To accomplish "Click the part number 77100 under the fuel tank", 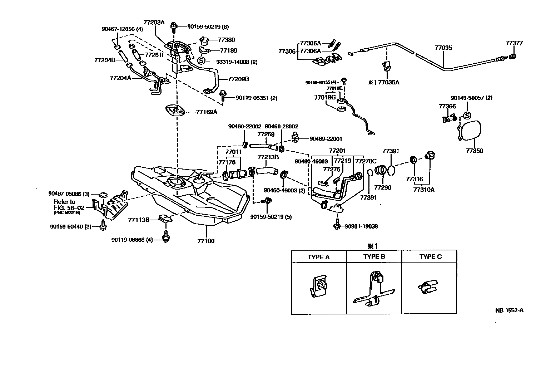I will pyautogui.click(x=205, y=241).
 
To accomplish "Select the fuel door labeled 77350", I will pyautogui.click(x=471, y=132).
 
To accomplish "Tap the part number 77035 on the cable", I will pyautogui.click(x=443, y=48).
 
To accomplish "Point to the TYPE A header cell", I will pyautogui.click(x=319, y=257).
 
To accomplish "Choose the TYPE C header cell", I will pyautogui.click(x=430, y=257).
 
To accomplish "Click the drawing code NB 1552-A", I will pyautogui.click(x=509, y=310).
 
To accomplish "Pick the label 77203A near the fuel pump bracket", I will pyautogui.click(x=155, y=22).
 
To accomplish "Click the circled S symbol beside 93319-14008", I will pyautogui.click(x=201, y=61).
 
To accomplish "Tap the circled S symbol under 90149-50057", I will pyautogui.click(x=467, y=116).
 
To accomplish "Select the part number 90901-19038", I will pyautogui.click(x=361, y=226).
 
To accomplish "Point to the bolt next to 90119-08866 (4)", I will pyautogui.click(x=165, y=238).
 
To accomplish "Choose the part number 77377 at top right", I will pyautogui.click(x=514, y=43).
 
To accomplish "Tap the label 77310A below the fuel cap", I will pyautogui.click(x=424, y=190).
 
